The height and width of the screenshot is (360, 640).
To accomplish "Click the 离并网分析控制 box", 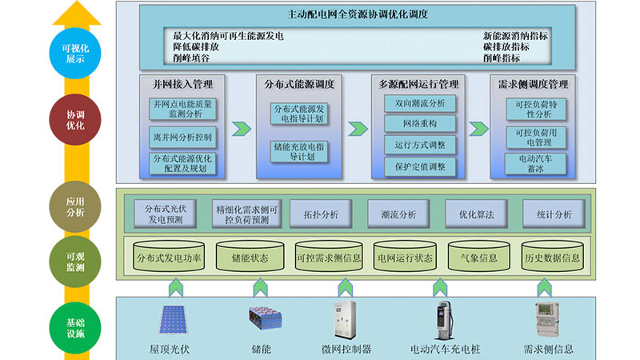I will pos(182,137).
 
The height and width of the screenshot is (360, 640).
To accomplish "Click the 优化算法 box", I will pos(470,214).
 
